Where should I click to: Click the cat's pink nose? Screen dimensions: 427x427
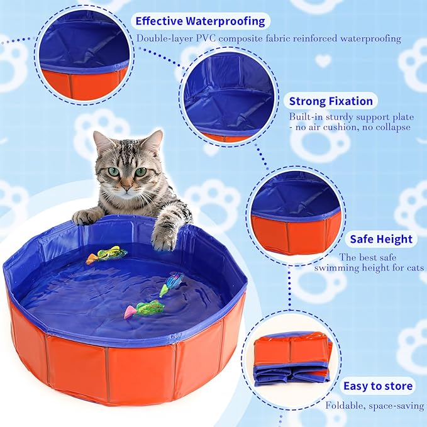point(126,188)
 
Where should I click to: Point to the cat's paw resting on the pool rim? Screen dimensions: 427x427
point(85,216)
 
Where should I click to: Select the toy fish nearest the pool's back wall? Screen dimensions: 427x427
point(107,254)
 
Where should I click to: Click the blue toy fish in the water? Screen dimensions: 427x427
point(171,284)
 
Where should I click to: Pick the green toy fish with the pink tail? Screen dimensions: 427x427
point(145,309)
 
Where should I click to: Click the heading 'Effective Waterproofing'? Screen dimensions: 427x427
point(200,21)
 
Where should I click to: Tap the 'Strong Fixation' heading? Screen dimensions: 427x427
point(331,101)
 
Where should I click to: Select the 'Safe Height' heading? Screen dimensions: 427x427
point(381,239)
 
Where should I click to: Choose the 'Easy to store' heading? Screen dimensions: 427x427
point(378,386)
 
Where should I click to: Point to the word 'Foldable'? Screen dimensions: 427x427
point(345,406)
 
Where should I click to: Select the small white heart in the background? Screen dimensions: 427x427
point(323,60)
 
